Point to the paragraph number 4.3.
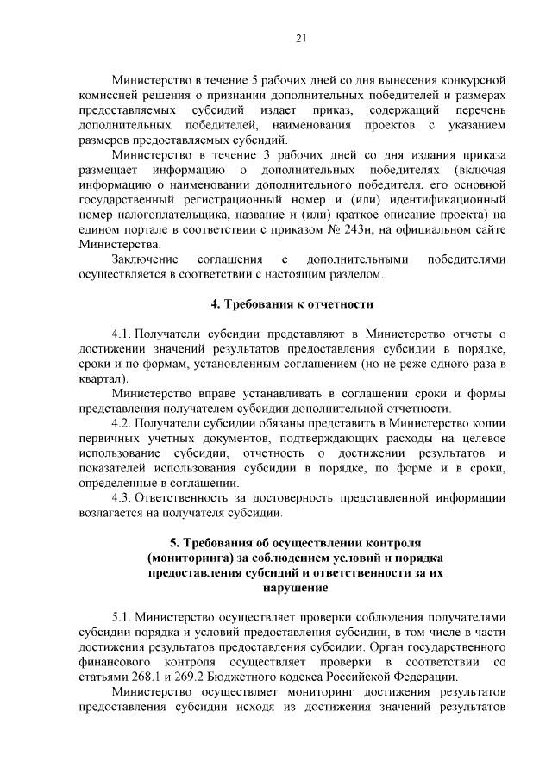pyautogui.click(x=123, y=497)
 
